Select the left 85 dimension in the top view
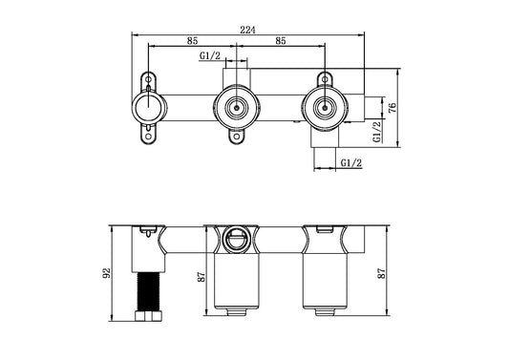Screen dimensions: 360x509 (192, 41)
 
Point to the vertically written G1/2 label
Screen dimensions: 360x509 (378, 131)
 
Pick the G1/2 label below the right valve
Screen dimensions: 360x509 (350, 163)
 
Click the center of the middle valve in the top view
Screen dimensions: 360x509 (235, 107)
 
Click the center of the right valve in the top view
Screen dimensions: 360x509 (326, 107)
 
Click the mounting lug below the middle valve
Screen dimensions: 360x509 (235, 138)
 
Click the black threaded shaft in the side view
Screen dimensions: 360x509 (148, 292)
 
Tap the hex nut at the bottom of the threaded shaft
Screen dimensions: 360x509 (148, 314)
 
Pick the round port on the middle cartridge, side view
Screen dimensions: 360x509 (235, 238)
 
